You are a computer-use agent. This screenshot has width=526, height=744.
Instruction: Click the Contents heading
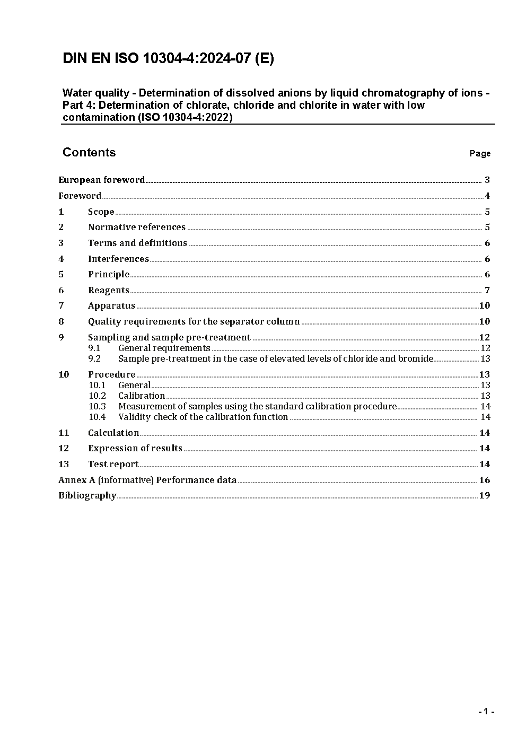coord(89,152)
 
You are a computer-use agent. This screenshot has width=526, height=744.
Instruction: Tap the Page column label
coord(480,154)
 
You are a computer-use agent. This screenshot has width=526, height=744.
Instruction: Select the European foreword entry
coord(101,180)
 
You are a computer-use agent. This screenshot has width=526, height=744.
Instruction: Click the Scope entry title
coord(101,212)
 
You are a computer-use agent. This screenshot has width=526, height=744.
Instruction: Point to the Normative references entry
coord(137,227)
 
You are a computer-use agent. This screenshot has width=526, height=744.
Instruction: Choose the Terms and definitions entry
coord(137,243)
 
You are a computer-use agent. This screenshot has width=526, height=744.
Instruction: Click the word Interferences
coord(118,259)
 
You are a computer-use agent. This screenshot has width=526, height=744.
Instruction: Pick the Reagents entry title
coord(109,290)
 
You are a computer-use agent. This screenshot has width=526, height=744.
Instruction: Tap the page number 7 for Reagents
coord(487,290)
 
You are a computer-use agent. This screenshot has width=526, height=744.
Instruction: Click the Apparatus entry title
coord(111,305)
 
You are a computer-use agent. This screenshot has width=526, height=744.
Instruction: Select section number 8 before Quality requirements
coord(61,321)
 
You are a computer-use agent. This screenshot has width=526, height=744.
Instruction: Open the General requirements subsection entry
coord(164,348)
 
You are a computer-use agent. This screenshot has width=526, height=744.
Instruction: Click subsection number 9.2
coord(94,358)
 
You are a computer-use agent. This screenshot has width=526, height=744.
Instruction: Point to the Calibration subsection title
coord(142,396)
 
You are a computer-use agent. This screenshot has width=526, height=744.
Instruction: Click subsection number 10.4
coord(97,417)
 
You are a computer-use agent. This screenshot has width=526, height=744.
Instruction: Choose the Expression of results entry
coord(135,448)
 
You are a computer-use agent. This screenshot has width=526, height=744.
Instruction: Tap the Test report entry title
coord(113,464)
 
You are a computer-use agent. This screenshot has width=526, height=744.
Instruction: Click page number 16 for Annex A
coord(484,480)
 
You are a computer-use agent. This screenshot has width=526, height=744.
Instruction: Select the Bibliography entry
coord(87,495)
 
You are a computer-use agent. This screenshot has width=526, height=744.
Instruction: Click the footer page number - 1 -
coord(486,712)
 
